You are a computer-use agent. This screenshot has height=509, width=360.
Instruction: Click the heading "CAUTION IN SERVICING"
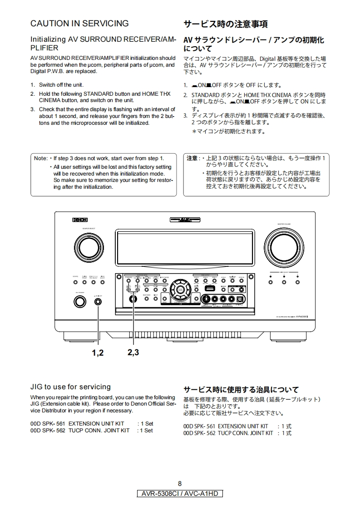79,24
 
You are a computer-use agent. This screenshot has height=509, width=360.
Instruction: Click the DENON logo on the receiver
80,220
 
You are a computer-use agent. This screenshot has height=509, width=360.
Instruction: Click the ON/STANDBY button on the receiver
79,302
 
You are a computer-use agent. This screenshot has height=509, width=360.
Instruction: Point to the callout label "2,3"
133,352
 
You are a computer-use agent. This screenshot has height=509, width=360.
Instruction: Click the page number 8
180,483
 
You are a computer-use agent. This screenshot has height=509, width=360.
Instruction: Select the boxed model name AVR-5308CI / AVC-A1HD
180,494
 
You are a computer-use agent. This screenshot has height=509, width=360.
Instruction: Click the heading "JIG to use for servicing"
70,387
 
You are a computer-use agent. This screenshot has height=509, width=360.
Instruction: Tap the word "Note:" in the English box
41,158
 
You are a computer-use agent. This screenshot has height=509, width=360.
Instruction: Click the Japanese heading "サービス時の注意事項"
225,24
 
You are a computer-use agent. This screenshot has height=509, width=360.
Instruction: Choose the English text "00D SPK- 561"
48,424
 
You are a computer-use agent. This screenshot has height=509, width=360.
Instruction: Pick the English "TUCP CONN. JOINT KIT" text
99,431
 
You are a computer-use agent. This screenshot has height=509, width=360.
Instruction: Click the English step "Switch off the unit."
61,85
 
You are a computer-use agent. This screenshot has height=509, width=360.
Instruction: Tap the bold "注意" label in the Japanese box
192,158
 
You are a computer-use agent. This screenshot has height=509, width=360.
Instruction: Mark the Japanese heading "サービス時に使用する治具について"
241,390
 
